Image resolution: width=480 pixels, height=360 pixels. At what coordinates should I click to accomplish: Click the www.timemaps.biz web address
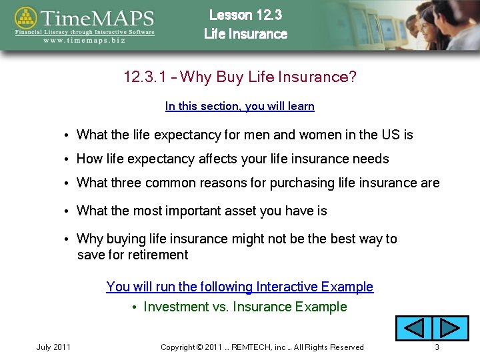pyautogui.click(x=85, y=40)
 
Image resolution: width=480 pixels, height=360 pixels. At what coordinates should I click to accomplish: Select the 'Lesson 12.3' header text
pyautogui.click(x=245, y=15)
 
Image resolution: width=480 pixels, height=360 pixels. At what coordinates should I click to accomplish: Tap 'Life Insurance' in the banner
pyautogui.click(x=245, y=34)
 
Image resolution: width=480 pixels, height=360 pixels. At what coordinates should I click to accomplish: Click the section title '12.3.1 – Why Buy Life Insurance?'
pyautogui.click(x=240, y=77)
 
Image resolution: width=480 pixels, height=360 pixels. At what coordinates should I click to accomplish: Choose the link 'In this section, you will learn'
pyautogui.click(x=239, y=106)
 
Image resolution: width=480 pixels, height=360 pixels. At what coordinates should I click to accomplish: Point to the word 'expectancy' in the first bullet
pyautogui.click(x=187, y=135)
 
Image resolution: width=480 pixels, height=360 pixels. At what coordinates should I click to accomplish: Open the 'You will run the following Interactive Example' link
pyautogui.click(x=239, y=287)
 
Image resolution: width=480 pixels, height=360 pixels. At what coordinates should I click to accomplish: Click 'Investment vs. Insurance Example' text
pyautogui.click(x=245, y=307)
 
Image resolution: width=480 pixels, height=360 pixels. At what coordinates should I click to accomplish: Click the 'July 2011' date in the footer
pyautogui.click(x=53, y=347)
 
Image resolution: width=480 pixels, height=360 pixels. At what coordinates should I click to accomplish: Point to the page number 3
pyautogui.click(x=437, y=347)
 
